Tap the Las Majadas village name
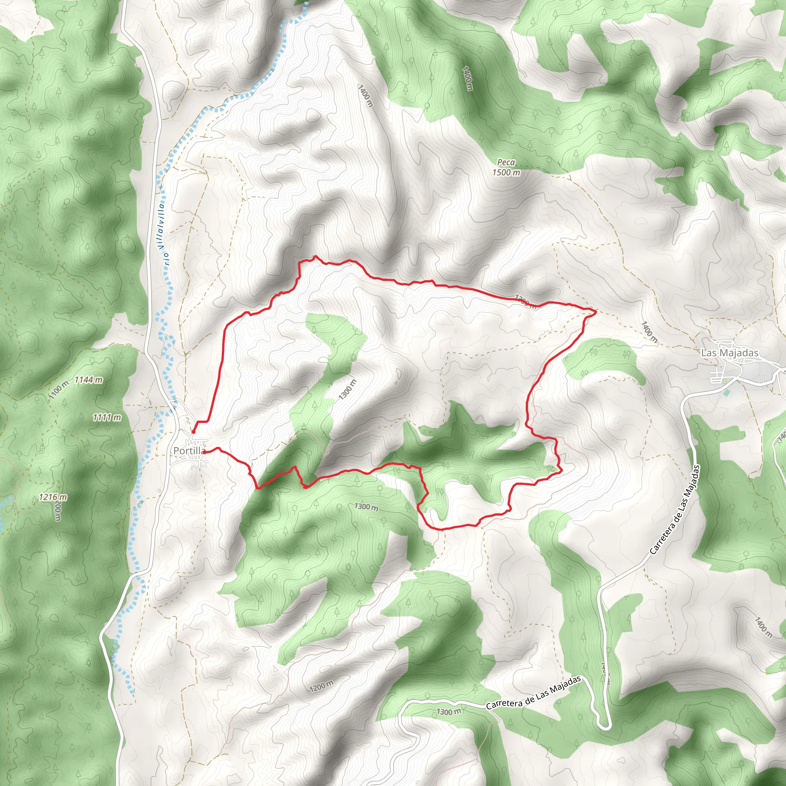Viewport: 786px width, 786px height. (x=730, y=353)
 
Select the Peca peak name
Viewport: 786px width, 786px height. (x=506, y=162)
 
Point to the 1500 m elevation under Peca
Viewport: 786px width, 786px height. (x=506, y=172)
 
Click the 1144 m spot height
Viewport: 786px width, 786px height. (x=89, y=380)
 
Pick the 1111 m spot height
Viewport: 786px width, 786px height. (x=107, y=418)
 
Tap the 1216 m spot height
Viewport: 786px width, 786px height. (x=53, y=497)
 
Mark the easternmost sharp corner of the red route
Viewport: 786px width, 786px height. (x=596, y=311)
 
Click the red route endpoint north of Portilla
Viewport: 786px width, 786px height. (x=194, y=432)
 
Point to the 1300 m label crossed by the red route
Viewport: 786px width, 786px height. (x=526, y=302)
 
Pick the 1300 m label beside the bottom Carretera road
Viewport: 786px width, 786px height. (x=449, y=712)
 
